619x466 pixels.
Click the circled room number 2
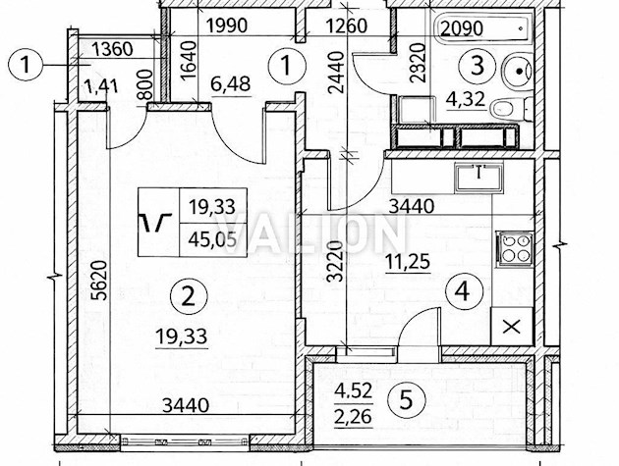coord(188,296)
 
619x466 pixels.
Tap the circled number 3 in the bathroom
coord(478,66)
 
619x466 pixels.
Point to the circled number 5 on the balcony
coord(406,400)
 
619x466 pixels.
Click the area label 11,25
coord(408,262)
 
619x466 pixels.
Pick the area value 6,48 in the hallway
coord(231,85)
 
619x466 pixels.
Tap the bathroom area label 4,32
coord(466,99)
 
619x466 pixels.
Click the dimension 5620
coord(101,281)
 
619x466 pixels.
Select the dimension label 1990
coord(227,26)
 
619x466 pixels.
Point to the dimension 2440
coord(337,73)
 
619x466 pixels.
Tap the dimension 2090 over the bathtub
coord(462,28)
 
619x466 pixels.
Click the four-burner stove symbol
coord(515,249)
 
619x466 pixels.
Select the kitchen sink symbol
coord(478,179)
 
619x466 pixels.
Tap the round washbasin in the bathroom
coord(517,71)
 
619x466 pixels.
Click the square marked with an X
coord(512,327)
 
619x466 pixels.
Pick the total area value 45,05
coord(212,239)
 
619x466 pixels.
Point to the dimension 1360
coord(112,50)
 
